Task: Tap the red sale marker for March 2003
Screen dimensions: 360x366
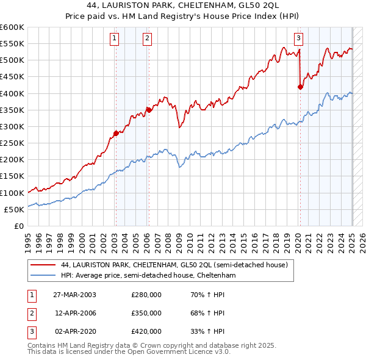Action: pyautogui.click(x=116, y=133)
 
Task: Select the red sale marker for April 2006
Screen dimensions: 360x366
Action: pyautogui.click(x=148, y=110)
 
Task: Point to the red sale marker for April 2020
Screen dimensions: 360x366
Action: pyautogui.click(x=300, y=87)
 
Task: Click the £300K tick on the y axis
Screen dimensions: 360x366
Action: pyautogui.click(x=12, y=126)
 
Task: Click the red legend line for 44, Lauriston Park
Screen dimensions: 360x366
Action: pyautogui.click(x=43, y=265)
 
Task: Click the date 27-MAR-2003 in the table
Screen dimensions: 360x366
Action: pyautogui.click(x=74, y=295)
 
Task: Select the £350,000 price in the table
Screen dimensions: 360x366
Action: pyautogui.click(x=146, y=313)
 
